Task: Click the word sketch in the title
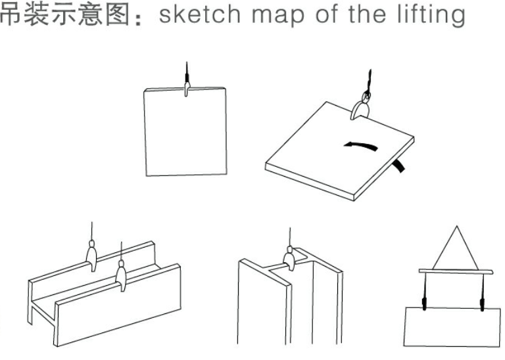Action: coord(200,14)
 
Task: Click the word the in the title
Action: coord(367,14)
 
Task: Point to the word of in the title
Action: coord(327,14)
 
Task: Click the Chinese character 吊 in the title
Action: coord(11,14)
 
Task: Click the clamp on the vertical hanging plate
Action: coord(187,89)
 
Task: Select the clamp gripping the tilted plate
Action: coord(360,108)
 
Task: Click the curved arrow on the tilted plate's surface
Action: coord(361,145)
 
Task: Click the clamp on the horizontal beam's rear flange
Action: coord(92,256)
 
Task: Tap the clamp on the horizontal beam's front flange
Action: coord(121,276)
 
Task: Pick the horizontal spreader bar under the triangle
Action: coord(456,272)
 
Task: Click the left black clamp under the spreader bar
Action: coord(424,304)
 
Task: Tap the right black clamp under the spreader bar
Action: coord(482,304)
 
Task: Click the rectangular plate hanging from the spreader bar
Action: coord(452,327)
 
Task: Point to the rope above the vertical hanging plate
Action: coord(187,72)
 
